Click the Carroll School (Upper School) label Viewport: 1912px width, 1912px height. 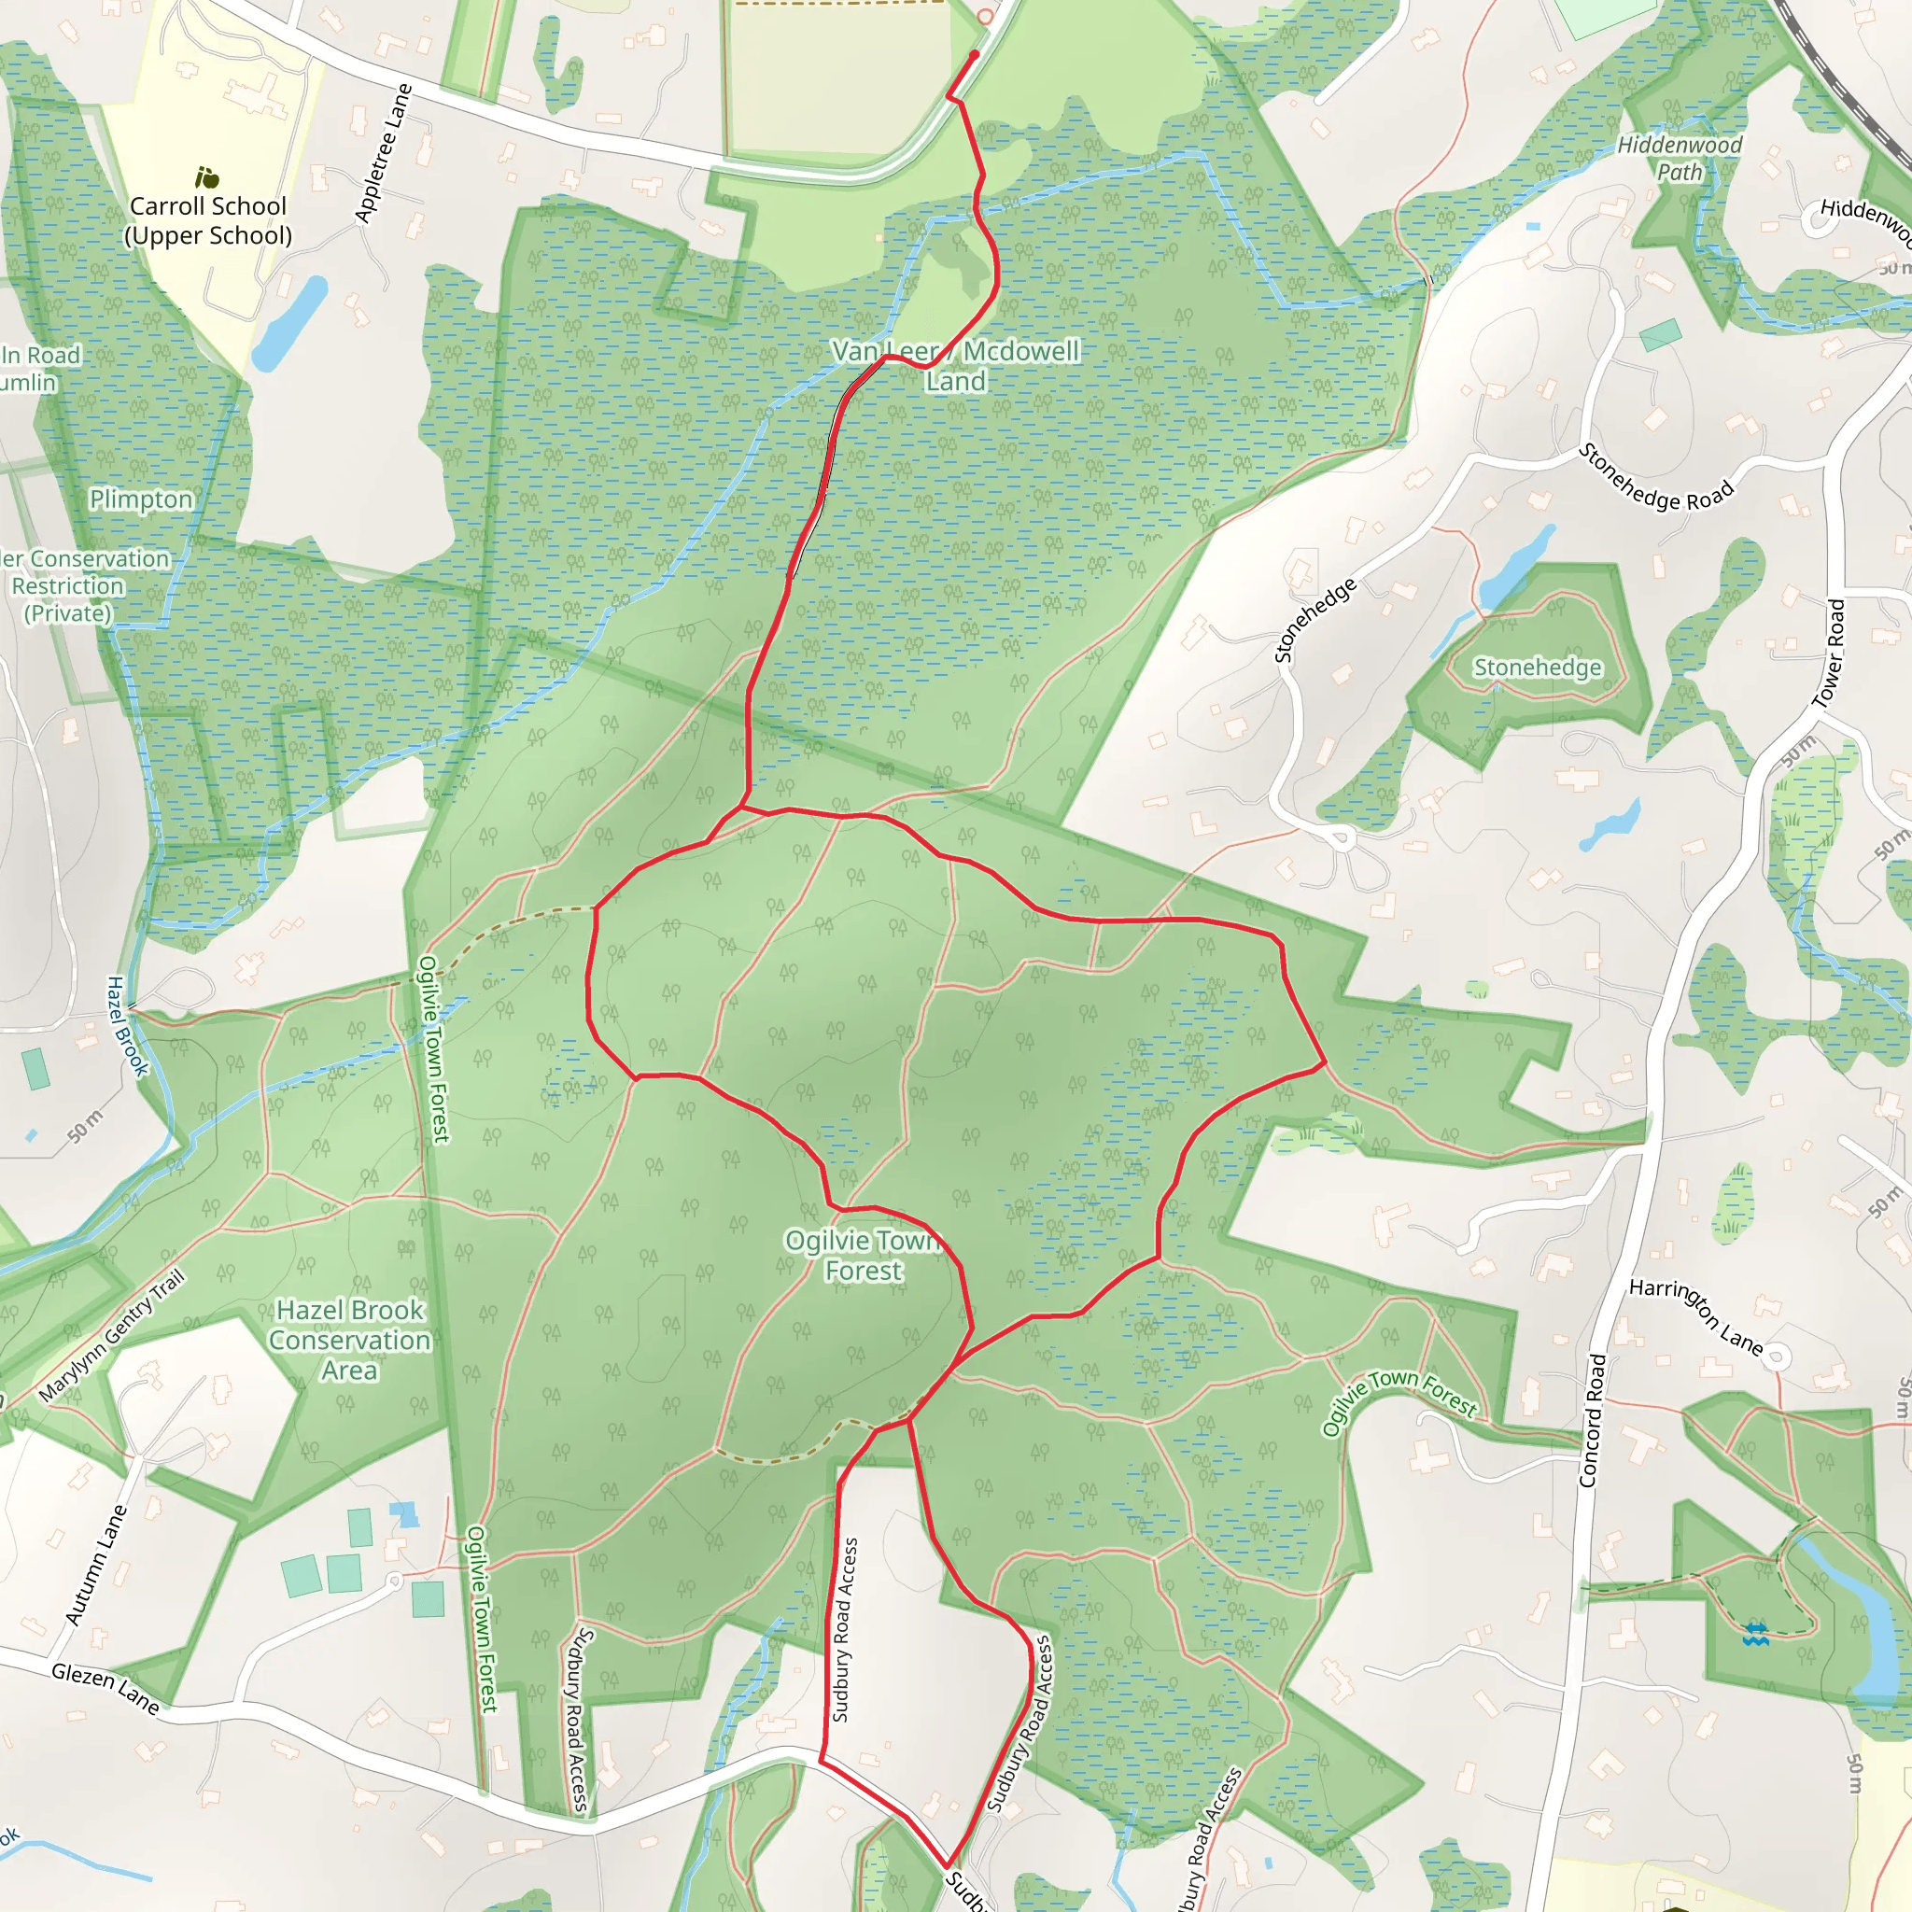208,220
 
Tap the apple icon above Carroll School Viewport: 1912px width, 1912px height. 207,178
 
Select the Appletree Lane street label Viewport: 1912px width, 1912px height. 384,153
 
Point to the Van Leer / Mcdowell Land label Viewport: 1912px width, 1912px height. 955,365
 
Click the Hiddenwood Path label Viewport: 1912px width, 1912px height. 1680,159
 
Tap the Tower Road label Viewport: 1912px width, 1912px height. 1829,654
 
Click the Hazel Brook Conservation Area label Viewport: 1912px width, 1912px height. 349,1340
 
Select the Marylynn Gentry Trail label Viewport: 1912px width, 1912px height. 112,1336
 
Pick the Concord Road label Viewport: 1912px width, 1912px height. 1590,1421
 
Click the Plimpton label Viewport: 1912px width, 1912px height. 142,499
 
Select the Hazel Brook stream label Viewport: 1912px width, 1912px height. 127,1026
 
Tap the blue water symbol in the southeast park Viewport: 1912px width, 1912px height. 1756,1634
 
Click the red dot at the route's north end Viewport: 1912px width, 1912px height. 975,55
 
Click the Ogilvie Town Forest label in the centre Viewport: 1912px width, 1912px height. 863,1255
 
